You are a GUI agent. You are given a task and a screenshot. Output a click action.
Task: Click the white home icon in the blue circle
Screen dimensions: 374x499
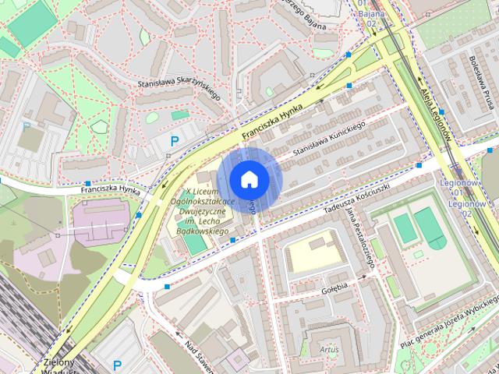(248, 179)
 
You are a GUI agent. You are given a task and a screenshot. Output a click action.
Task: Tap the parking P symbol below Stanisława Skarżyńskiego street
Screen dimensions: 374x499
(174, 141)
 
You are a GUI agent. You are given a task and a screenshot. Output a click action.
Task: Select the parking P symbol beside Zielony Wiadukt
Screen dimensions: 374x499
(118, 364)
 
